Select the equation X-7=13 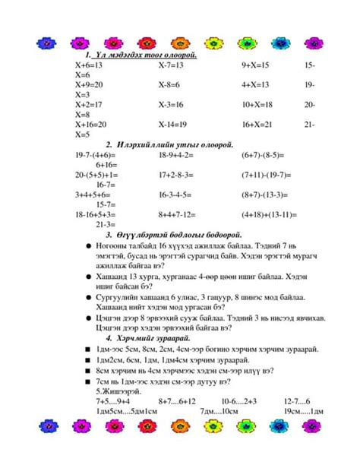(171, 66)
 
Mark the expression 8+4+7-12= (178, 214)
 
